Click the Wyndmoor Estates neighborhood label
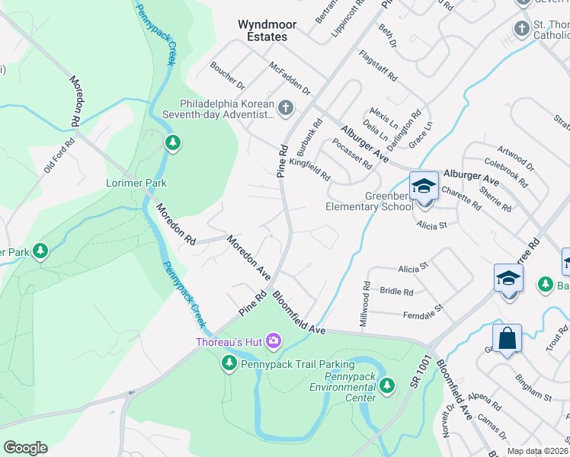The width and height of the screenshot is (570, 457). [x=262, y=30]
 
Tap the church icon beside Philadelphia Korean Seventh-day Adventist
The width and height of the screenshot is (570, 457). [x=286, y=108]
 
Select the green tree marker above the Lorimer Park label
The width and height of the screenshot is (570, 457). [x=174, y=142]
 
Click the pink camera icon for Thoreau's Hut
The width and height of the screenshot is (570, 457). [x=273, y=342]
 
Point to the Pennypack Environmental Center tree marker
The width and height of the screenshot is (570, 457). [x=388, y=386]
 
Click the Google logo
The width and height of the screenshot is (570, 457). [x=24, y=448]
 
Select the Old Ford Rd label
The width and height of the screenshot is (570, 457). [x=59, y=155]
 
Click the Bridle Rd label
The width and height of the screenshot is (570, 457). [x=396, y=291]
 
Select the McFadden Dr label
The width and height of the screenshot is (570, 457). [x=290, y=78]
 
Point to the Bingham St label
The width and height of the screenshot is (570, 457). [x=533, y=397]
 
